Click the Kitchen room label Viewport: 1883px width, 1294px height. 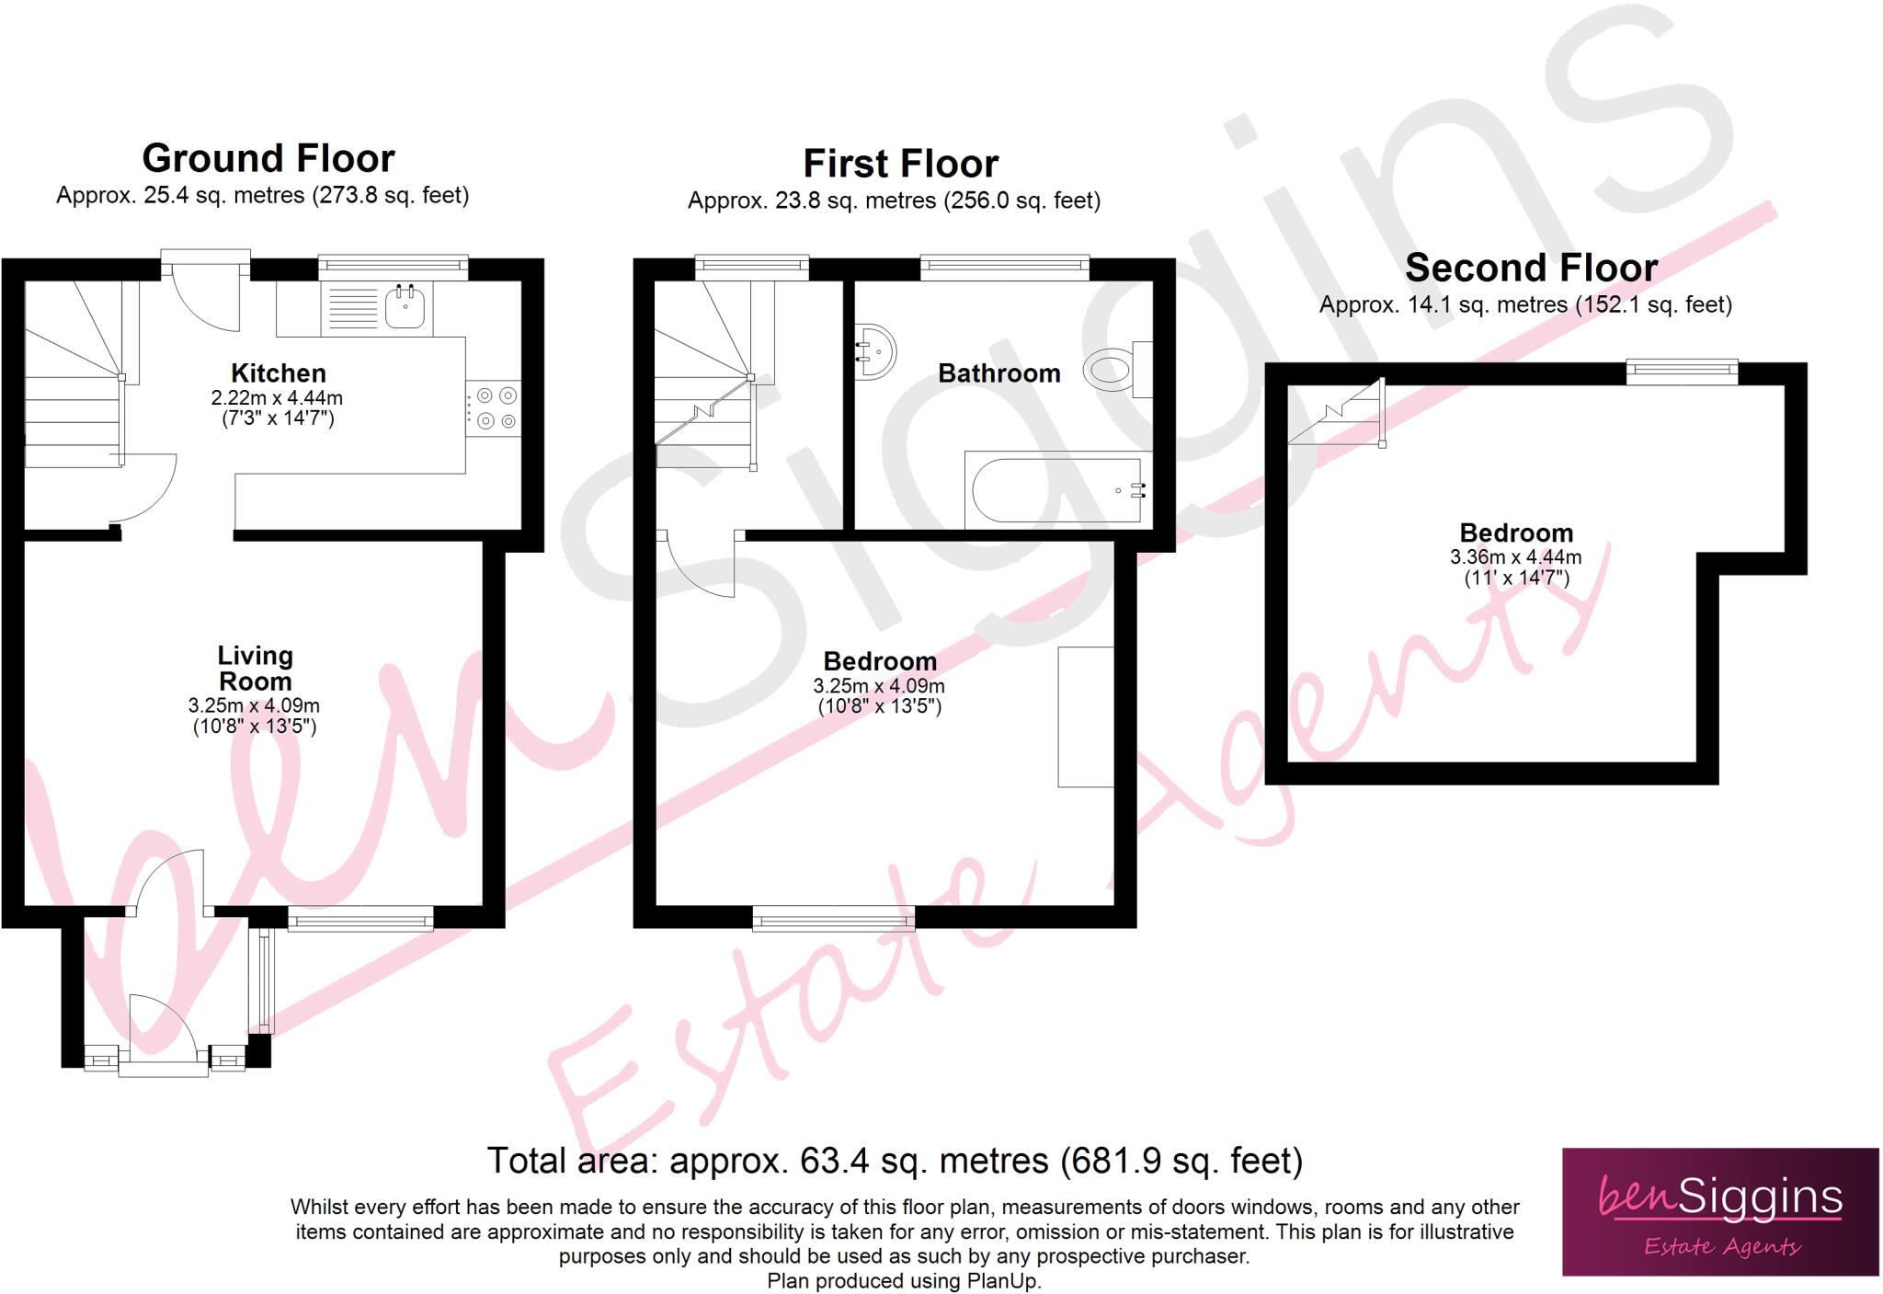click(278, 373)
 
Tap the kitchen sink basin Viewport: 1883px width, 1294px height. click(405, 308)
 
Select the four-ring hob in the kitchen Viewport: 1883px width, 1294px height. click(494, 408)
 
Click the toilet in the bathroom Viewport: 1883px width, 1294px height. click(1110, 371)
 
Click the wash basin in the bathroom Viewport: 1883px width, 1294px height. click(873, 351)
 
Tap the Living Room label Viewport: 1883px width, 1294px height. click(255, 669)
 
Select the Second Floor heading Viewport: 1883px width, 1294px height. click(1531, 268)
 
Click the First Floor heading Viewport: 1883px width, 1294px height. click(900, 164)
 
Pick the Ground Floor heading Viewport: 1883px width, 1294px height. click(268, 158)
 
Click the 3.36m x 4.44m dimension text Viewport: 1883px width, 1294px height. click(1515, 557)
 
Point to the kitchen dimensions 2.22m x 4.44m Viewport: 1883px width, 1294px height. click(277, 398)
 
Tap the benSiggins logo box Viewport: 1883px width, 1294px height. click(1719, 1211)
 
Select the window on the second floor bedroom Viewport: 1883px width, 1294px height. click(1682, 371)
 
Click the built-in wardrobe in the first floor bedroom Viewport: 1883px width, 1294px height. click(1086, 716)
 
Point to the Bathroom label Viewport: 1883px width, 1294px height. click(999, 373)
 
